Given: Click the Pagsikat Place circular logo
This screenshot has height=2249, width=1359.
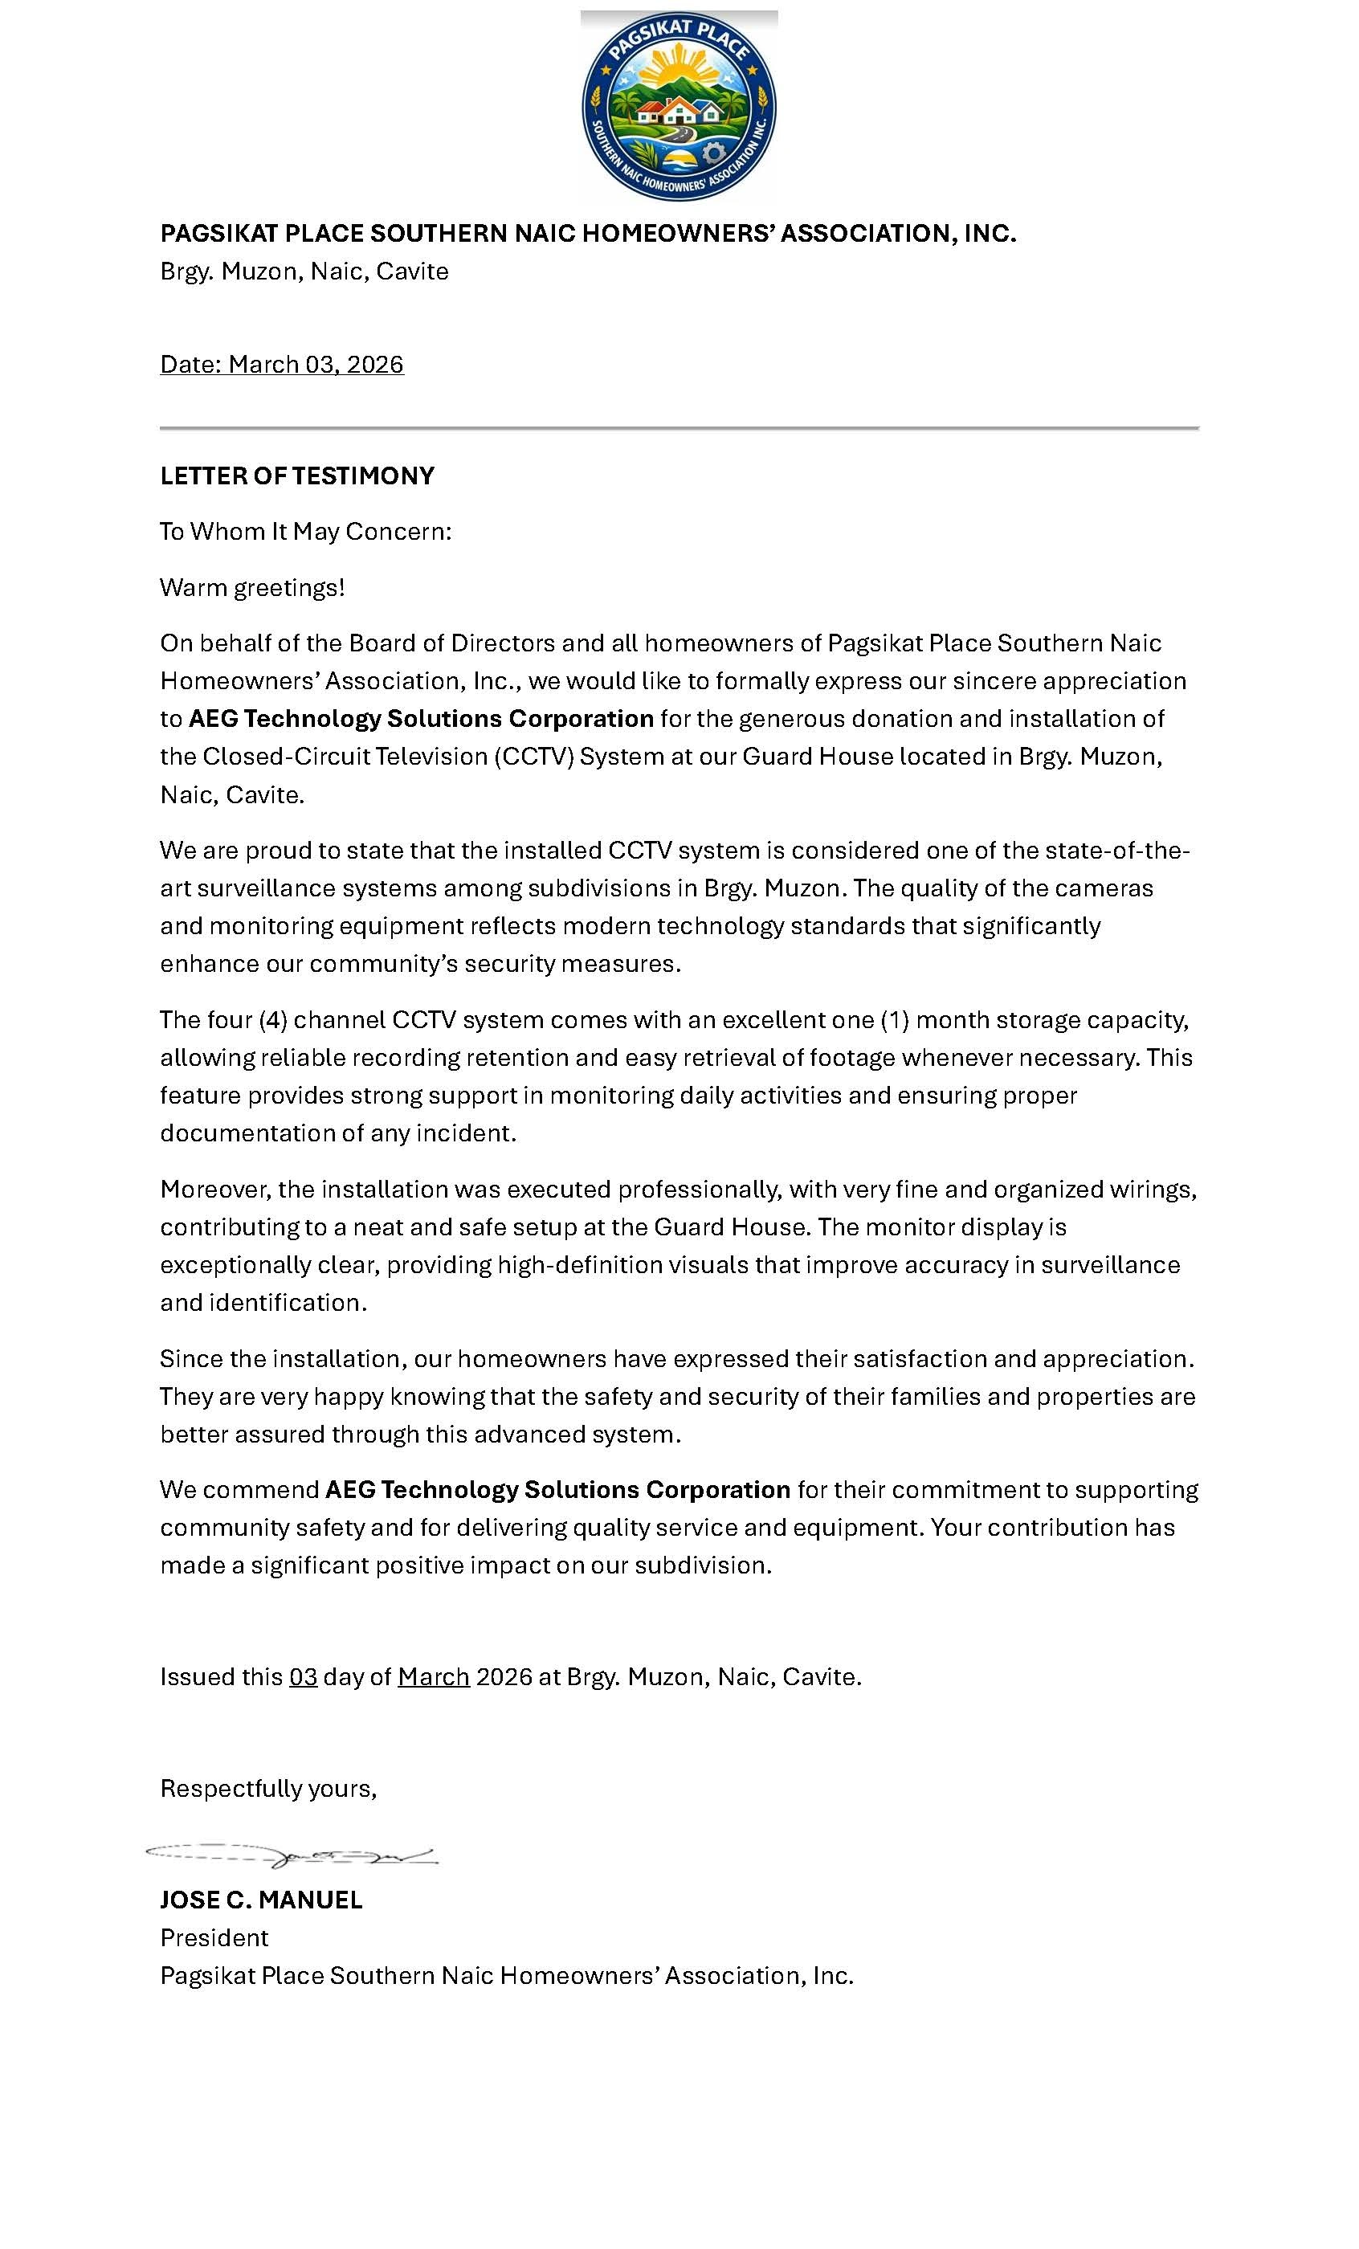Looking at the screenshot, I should click(x=678, y=106).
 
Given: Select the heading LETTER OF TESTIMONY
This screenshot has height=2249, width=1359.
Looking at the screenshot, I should click(x=296, y=476).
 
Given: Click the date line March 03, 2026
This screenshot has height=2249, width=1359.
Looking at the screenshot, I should click(x=281, y=364).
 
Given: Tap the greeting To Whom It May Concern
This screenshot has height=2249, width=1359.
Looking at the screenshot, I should click(x=305, y=531).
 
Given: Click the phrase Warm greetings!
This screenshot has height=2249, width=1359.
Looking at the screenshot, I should click(x=252, y=587).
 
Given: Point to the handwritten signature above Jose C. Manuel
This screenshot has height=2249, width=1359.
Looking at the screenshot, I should click(x=292, y=1855).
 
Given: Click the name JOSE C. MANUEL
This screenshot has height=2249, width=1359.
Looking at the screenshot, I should click(x=261, y=1900).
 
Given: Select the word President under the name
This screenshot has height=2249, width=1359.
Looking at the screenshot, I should click(x=214, y=1937).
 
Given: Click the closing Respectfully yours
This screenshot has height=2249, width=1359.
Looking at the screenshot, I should click(x=267, y=1788).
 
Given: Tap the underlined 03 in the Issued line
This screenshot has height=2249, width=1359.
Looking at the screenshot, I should click(x=303, y=1677).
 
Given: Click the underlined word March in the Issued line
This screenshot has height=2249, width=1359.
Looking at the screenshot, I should click(x=434, y=1677).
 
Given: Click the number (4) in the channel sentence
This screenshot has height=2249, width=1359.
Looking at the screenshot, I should click(x=273, y=1019).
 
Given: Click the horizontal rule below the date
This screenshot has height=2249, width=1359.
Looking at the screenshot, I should click(x=678, y=427).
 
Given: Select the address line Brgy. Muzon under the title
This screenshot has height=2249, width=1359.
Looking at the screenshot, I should click(x=304, y=271).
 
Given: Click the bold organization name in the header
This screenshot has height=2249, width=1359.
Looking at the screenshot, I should click(x=587, y=234).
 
